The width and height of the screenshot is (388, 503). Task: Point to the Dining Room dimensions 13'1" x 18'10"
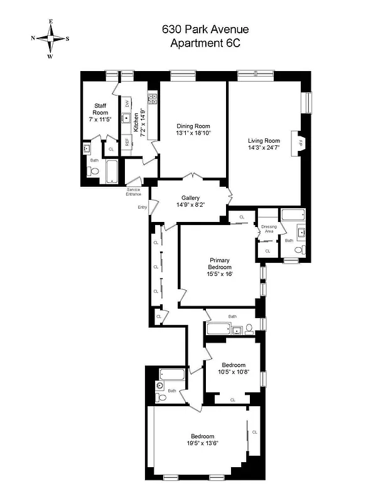coord(193,133)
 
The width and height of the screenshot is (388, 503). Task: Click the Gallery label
coord(190,197)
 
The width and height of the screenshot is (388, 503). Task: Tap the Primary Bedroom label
coord(220,263)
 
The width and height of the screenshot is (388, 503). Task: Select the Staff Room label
coord(100,109)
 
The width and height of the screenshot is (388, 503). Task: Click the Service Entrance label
coord(134,192)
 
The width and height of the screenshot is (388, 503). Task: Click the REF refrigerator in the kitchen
coord(127,143)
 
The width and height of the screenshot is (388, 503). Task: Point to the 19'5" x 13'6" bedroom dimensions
coord(202,443)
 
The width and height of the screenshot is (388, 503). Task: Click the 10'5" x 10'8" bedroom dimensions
coord(233,372)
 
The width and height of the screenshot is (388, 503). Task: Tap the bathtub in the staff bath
coord(112,172)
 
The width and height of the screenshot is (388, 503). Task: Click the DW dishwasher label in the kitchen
coord(126,104)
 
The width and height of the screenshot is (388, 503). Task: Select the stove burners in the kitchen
coord(152,98)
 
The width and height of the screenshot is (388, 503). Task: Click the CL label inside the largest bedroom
coord(254,432)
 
